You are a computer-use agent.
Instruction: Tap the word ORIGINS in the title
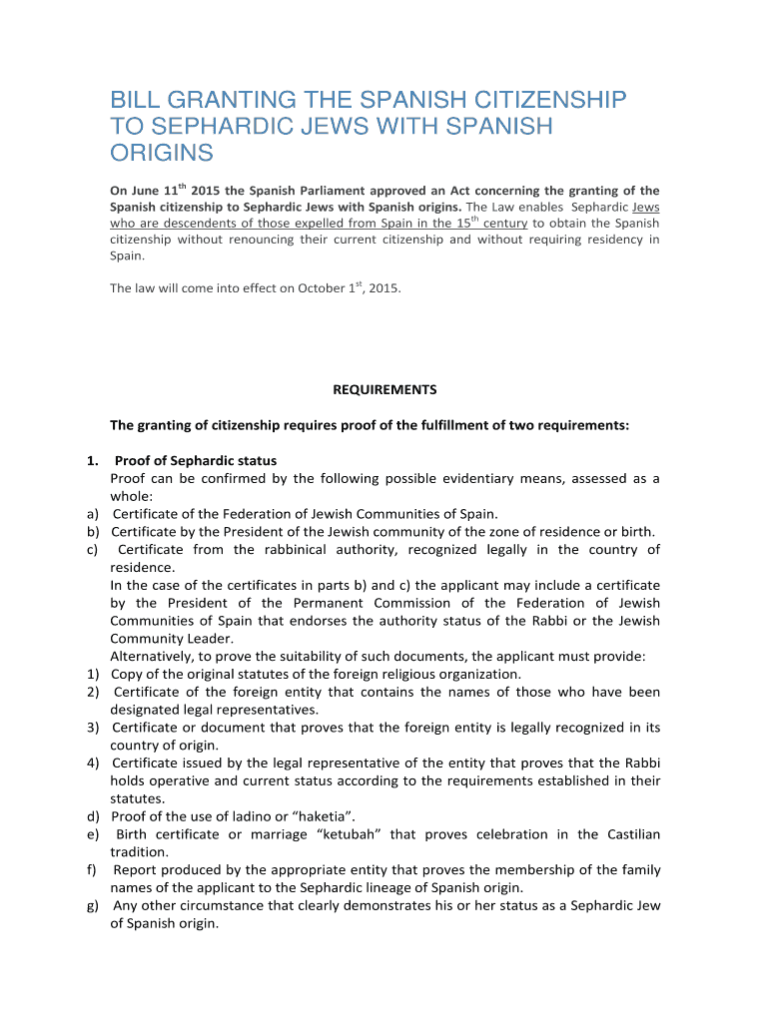tap(161, 153)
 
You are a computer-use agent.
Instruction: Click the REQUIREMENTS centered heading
tap(384, 389)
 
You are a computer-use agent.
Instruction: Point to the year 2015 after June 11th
tap(206, 191)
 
